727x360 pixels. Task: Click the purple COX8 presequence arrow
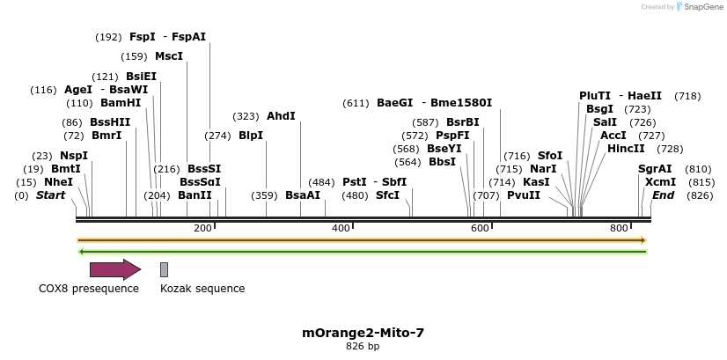pyautogui.click(x=114, y=269)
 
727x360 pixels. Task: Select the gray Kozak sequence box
pyautogui.click(x=164, y=269)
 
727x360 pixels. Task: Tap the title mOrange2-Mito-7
pyautogui.click(x=363, y=333)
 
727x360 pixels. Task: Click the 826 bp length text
pyautogui.click(x=363, y=347)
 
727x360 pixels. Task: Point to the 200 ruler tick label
pyautogui.click(x=202, y=229)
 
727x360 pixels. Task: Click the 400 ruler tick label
pyautogui.click(x=341, y=229)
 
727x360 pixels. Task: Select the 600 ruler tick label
pyautogui.click(x=480, y=229)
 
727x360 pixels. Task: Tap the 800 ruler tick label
pyautogui.click(x=619, y=229)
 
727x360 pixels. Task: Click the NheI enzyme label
pyautogui.click(x=58, y=182)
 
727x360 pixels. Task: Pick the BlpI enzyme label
pyautogui.click(x=251, y=136)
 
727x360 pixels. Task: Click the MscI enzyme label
pyautogui.click(x=169, y=56)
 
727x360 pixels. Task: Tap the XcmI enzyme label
pyautogui.click(x=660, y=182)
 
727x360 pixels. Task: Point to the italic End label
pyautogui.click(x=664, y=195)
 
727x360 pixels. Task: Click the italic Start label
pyautogui.click(x=50, y=195)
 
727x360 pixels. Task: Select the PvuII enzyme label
pyautogui.click(x=524, y=195)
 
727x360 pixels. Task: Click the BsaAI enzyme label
pyautogui.click(x=303, y=195)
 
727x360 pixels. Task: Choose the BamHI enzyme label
pyautogui.click(x=121, y=103)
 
